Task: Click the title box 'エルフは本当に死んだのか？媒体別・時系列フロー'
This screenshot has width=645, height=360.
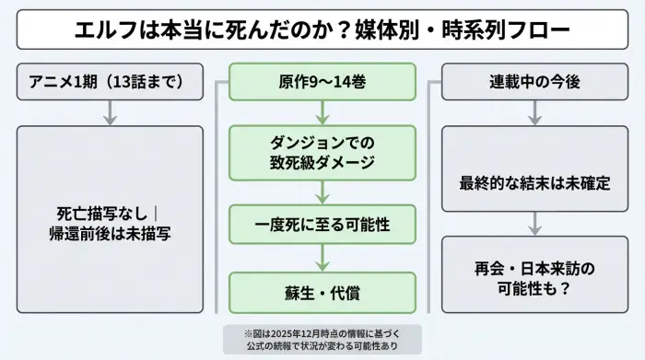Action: pos(322,30)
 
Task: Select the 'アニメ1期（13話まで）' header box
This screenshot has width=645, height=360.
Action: pos(110,82)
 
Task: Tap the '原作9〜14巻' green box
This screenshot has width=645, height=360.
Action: pos(322,82)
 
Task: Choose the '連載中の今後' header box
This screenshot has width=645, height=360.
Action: pos(534,82)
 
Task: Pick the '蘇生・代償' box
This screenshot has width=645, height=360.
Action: pos(322,292)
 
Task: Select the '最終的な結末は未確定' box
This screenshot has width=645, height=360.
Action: pos(534,182)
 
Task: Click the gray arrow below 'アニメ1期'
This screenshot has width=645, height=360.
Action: pos(110,113)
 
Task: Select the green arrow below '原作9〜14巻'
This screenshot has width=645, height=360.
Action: pos(322,113)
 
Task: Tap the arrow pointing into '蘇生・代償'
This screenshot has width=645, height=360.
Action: pos(322,258)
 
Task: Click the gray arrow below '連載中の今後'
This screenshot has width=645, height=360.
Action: pos(534,113)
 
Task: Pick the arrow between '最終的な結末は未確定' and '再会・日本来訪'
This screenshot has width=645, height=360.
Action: pos(534,224)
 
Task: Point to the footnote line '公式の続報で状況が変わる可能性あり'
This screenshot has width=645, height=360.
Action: pos(322,345)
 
